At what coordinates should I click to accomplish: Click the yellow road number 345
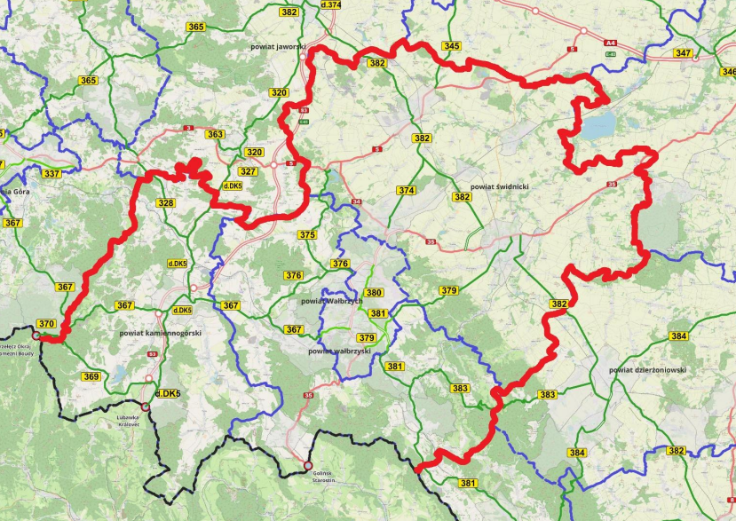[451, 46]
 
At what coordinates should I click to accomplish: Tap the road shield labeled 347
[683, 53]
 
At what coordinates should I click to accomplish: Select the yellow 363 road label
[215, 134]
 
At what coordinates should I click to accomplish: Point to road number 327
[249, 171]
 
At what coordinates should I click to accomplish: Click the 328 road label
[166, 203]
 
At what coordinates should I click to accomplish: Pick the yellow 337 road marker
[52, 173]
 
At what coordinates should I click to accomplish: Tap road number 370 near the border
[46, 324]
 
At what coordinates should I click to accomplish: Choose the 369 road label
[91, 376]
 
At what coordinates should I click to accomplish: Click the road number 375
[307, 235]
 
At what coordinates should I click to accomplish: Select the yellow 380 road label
[374, 293]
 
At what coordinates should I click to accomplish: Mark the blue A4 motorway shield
[610, 42]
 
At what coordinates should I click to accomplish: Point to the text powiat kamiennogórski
[161, 333]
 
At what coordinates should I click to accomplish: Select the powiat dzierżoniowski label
[647, 369]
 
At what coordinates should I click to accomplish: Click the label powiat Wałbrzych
[332, 301]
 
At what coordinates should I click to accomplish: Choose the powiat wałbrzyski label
[338, 351]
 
